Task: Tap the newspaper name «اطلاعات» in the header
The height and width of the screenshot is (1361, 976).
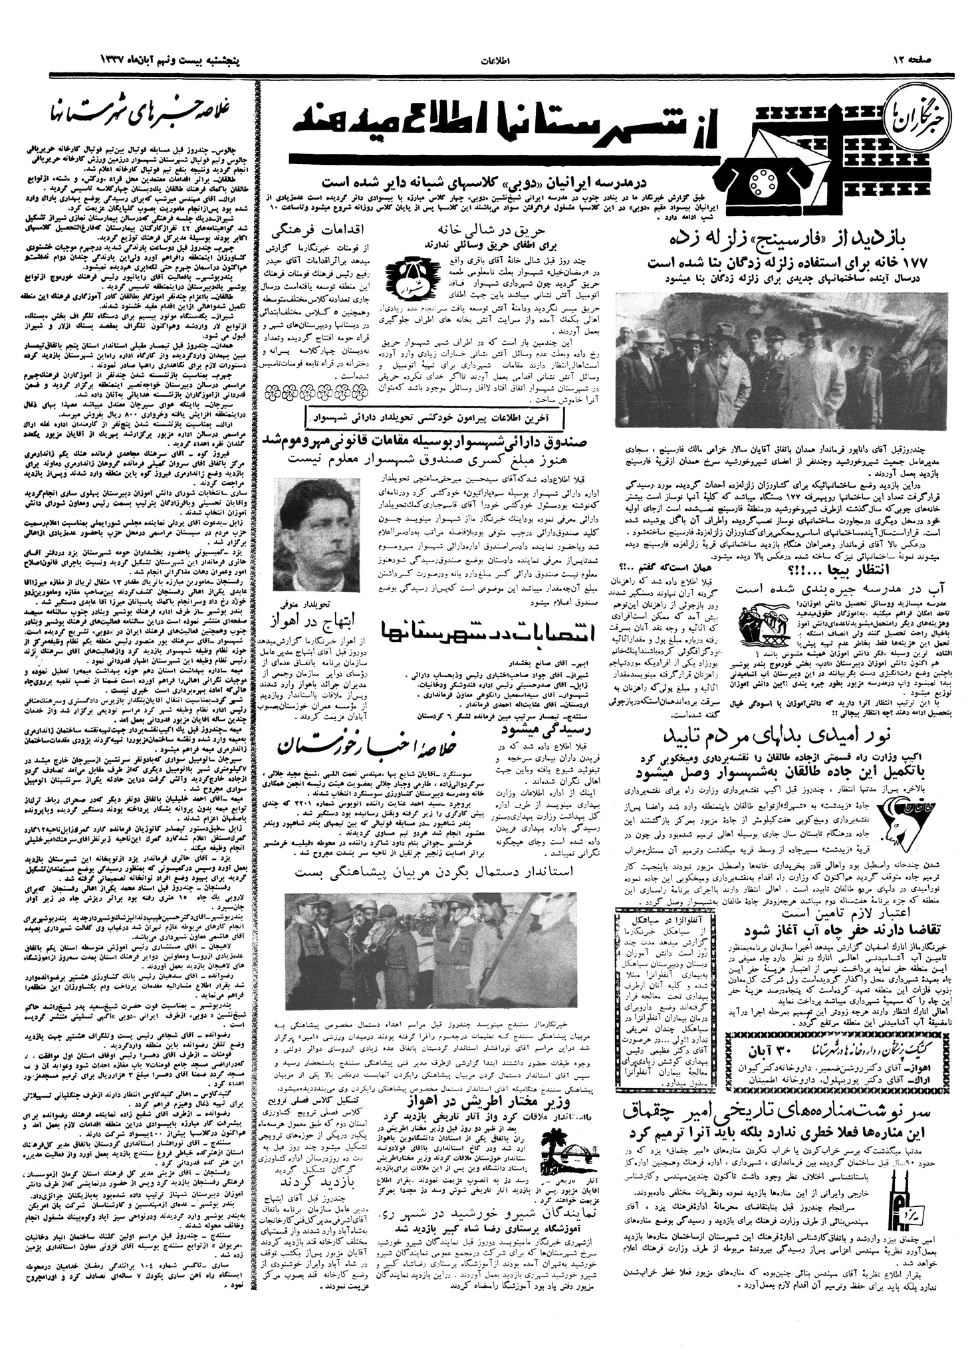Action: [x=492, y=62]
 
